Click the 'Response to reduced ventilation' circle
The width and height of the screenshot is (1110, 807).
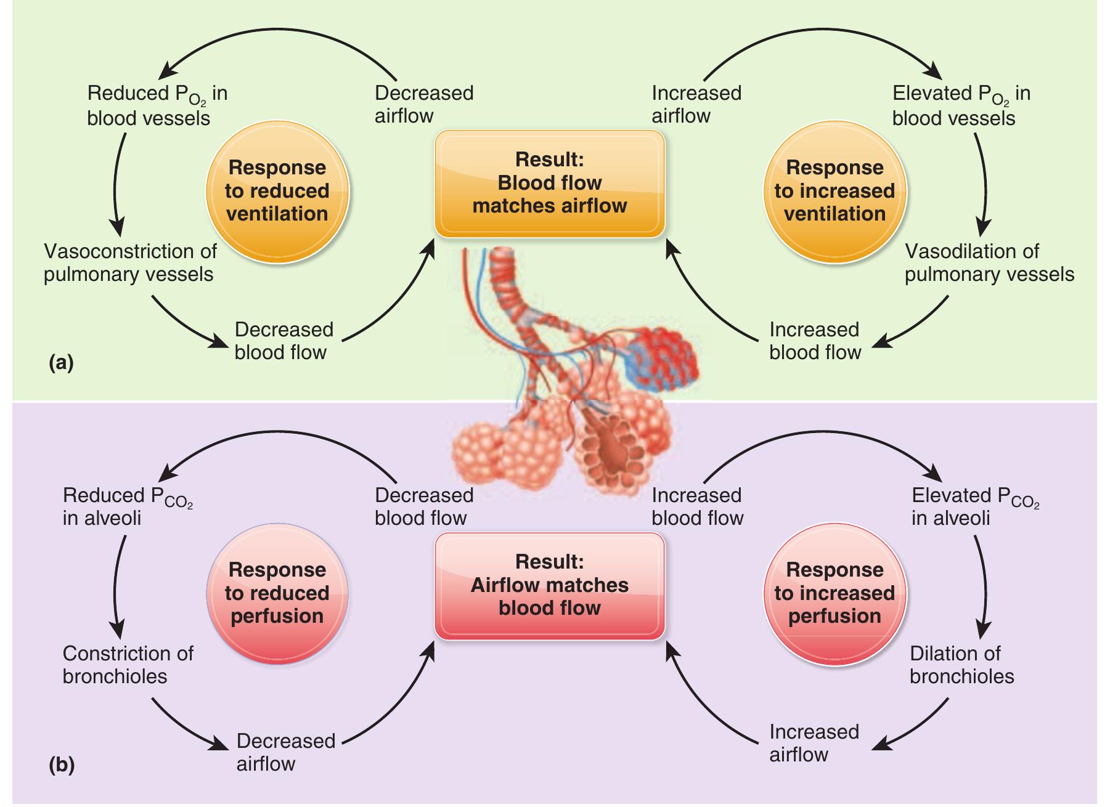click(277, 192)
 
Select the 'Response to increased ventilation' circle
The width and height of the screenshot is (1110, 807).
click(835, 192)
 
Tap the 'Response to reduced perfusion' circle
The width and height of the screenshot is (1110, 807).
click(277, 593)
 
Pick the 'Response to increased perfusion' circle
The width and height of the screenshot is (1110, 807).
click(835, 593)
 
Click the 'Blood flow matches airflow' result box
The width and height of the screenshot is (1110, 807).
click(550, 183)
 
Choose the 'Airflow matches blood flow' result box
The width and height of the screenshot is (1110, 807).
click(550, 585)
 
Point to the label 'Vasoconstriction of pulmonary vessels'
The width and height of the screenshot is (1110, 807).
click(130, 263)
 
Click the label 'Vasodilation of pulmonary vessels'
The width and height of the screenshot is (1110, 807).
click(989, 263)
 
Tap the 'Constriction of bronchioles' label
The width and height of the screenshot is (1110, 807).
click(128, 665)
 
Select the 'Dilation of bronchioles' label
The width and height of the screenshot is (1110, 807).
click(961, 665)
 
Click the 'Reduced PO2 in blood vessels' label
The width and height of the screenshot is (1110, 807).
click(157, 105)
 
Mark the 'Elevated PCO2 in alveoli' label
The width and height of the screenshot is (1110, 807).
click(974, 506)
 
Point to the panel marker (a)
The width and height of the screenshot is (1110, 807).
click(61, 363)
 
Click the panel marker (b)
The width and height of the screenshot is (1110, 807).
click(61, 765)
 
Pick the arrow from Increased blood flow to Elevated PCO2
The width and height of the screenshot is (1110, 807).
click(820, 439)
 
